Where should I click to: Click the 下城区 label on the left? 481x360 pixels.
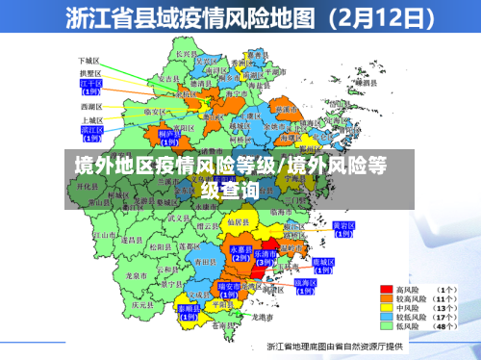(89, 60)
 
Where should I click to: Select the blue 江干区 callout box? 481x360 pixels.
(91, 87)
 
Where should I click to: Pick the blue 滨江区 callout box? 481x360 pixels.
(92, 131)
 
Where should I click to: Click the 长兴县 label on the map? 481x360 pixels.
(187, 54)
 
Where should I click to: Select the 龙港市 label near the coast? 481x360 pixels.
(253, 317)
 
